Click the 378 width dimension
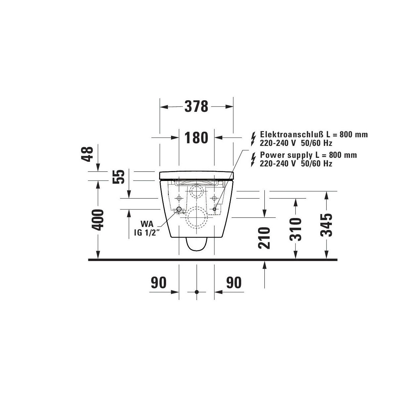196,107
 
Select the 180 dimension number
196,138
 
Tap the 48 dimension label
87,154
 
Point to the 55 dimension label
118,177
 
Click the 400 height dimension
98,220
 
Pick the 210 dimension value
264,238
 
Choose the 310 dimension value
295,229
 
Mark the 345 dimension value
326,225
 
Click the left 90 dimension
159,283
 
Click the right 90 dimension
234,283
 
